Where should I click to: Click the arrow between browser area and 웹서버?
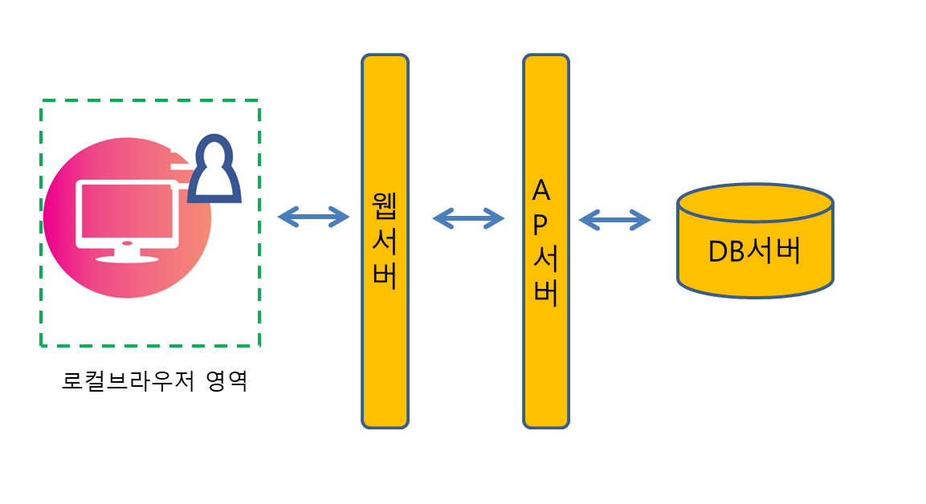click(x=313, y=217)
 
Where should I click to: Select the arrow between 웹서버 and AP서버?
click(x=468, y=217)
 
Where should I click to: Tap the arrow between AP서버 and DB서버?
click(x=614, y=219)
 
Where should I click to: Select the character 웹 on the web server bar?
click(x=385, y=205)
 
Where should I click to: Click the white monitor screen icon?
click(x=126, y=213)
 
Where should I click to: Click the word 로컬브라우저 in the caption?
click(x=128, y=380)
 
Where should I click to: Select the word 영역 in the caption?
click(x=226, y=380)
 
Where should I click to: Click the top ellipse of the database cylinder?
click(x=755, y=203)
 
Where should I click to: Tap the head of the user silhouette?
click(x=214, y=156)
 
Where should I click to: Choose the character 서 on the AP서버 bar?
click(x=545, y=259)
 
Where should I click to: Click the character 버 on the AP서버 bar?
click(x=545, y=294)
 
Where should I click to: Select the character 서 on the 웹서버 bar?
click(x=385, y=240)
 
